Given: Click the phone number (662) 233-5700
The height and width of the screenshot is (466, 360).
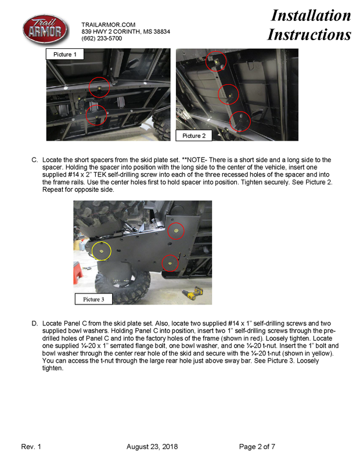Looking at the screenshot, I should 102,38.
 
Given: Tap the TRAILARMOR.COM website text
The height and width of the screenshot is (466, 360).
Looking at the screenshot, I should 108,24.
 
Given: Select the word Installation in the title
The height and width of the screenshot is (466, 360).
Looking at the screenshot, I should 311,16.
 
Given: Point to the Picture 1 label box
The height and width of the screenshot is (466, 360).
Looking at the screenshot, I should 65,55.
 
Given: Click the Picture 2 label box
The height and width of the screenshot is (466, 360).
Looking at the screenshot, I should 194,135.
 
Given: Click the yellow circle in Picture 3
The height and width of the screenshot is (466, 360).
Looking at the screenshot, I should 102,251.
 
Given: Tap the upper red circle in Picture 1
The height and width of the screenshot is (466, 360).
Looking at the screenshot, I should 99,87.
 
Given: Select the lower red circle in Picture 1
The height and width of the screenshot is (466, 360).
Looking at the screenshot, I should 96,116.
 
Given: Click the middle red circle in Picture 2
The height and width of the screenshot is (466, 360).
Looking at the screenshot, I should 228,94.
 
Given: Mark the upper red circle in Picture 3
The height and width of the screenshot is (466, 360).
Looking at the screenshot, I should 172,231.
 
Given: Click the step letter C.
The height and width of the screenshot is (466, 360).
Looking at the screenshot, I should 35,159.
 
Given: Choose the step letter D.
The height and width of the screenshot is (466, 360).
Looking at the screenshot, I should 35,322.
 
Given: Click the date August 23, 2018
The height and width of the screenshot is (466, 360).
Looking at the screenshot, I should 152,446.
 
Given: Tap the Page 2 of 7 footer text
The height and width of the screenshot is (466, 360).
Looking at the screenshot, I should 257,446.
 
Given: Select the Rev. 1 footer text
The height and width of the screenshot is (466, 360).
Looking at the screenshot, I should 31,446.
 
